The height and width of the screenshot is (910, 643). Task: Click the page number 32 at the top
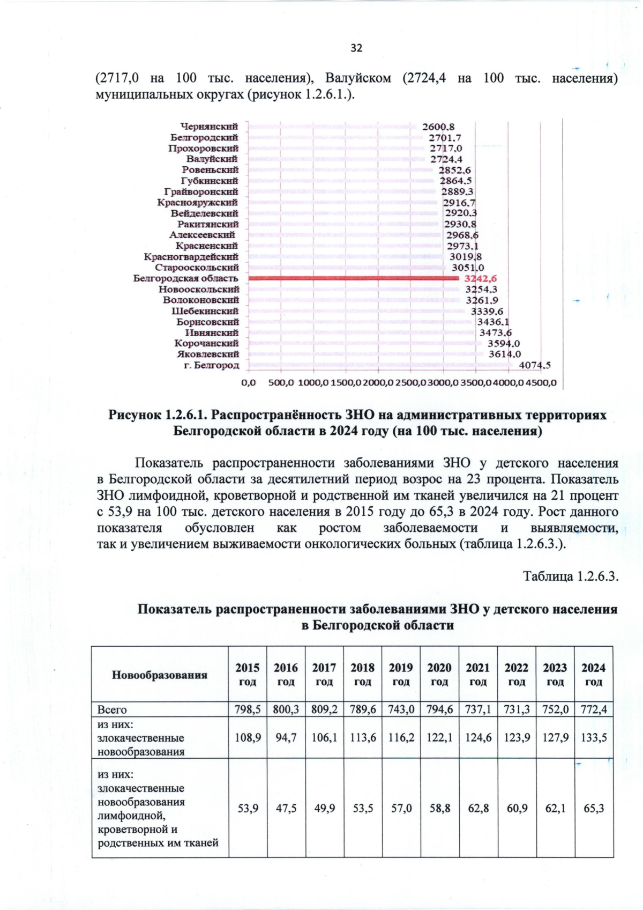[356, 48]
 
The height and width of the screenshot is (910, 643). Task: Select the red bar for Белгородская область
[354, 278]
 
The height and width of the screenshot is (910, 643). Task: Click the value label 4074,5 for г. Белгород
[535, 366]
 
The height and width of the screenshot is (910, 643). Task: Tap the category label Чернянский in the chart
[209, 127]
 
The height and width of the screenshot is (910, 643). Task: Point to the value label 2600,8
[438, 127]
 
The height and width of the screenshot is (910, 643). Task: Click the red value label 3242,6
[481, 278]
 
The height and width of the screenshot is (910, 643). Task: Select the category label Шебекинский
[205, 311]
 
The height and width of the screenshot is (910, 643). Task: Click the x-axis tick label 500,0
[281, 383]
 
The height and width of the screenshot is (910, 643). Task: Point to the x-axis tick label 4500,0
[541, 383]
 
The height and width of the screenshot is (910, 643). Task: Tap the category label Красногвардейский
[191, 257]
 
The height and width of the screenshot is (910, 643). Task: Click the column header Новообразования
[160, 675]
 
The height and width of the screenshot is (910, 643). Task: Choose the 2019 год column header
[401, 675]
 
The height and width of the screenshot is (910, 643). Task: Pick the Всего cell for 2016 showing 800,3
[286, 709]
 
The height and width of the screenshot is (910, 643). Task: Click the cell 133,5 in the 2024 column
[594, 737]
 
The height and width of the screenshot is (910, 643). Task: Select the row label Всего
[112, 709]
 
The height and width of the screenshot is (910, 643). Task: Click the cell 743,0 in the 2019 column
[401, 709]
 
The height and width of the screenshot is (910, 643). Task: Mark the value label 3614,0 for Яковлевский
[504, 354]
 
